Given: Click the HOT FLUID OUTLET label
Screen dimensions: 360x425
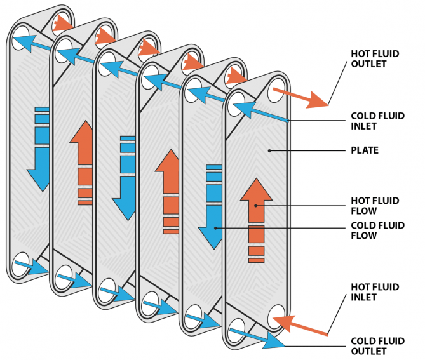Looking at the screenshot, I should pyautogui.click(x=374, y=59).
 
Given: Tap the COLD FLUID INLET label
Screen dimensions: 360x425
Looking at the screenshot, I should pyautogui.click(x=375, y=121).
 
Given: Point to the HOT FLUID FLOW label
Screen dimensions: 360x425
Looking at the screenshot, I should pyautogui.click(x=375, y=206).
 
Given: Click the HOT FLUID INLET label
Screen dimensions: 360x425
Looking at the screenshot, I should pyautogui.click(x=375, y=292).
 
